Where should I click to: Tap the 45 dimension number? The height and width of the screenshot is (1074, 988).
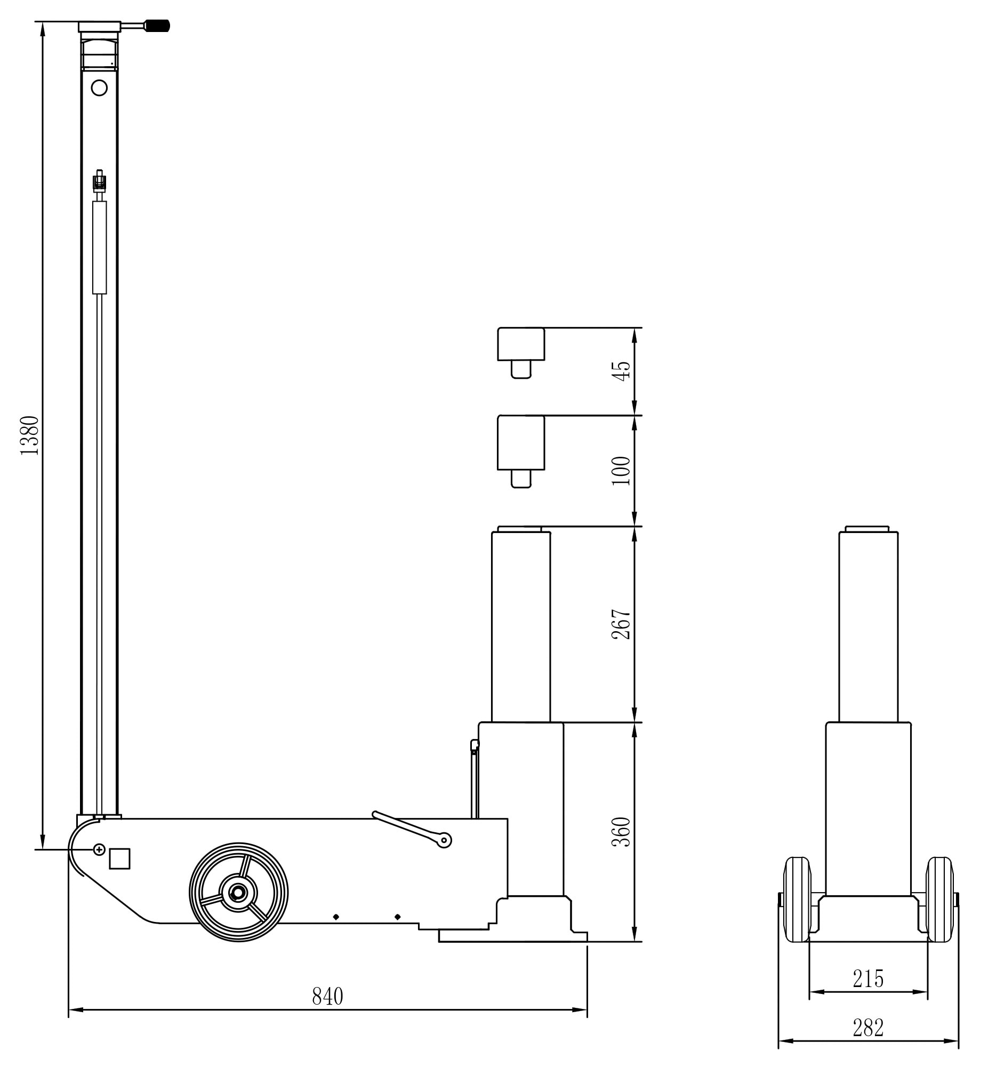[621, 371]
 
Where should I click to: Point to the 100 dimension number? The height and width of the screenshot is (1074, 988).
[621, 470]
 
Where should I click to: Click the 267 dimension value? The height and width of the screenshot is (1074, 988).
[621, 624]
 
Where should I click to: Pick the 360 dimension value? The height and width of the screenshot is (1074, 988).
[621, 832]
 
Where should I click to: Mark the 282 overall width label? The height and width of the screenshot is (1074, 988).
[868, 1028]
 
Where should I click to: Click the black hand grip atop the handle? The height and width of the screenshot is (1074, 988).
[158, 25]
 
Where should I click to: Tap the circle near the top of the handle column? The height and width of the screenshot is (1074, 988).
[100, 87]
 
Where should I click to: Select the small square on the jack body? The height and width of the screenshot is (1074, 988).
[119, 858]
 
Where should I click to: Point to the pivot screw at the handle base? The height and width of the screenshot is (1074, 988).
[100, 849]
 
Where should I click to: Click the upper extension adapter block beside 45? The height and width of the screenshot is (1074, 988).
[521, 345]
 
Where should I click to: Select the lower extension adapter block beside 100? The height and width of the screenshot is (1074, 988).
[521, 443]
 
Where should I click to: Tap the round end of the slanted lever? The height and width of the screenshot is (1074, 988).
[444, 840]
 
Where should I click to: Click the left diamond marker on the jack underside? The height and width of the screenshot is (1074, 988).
[336, 917]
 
